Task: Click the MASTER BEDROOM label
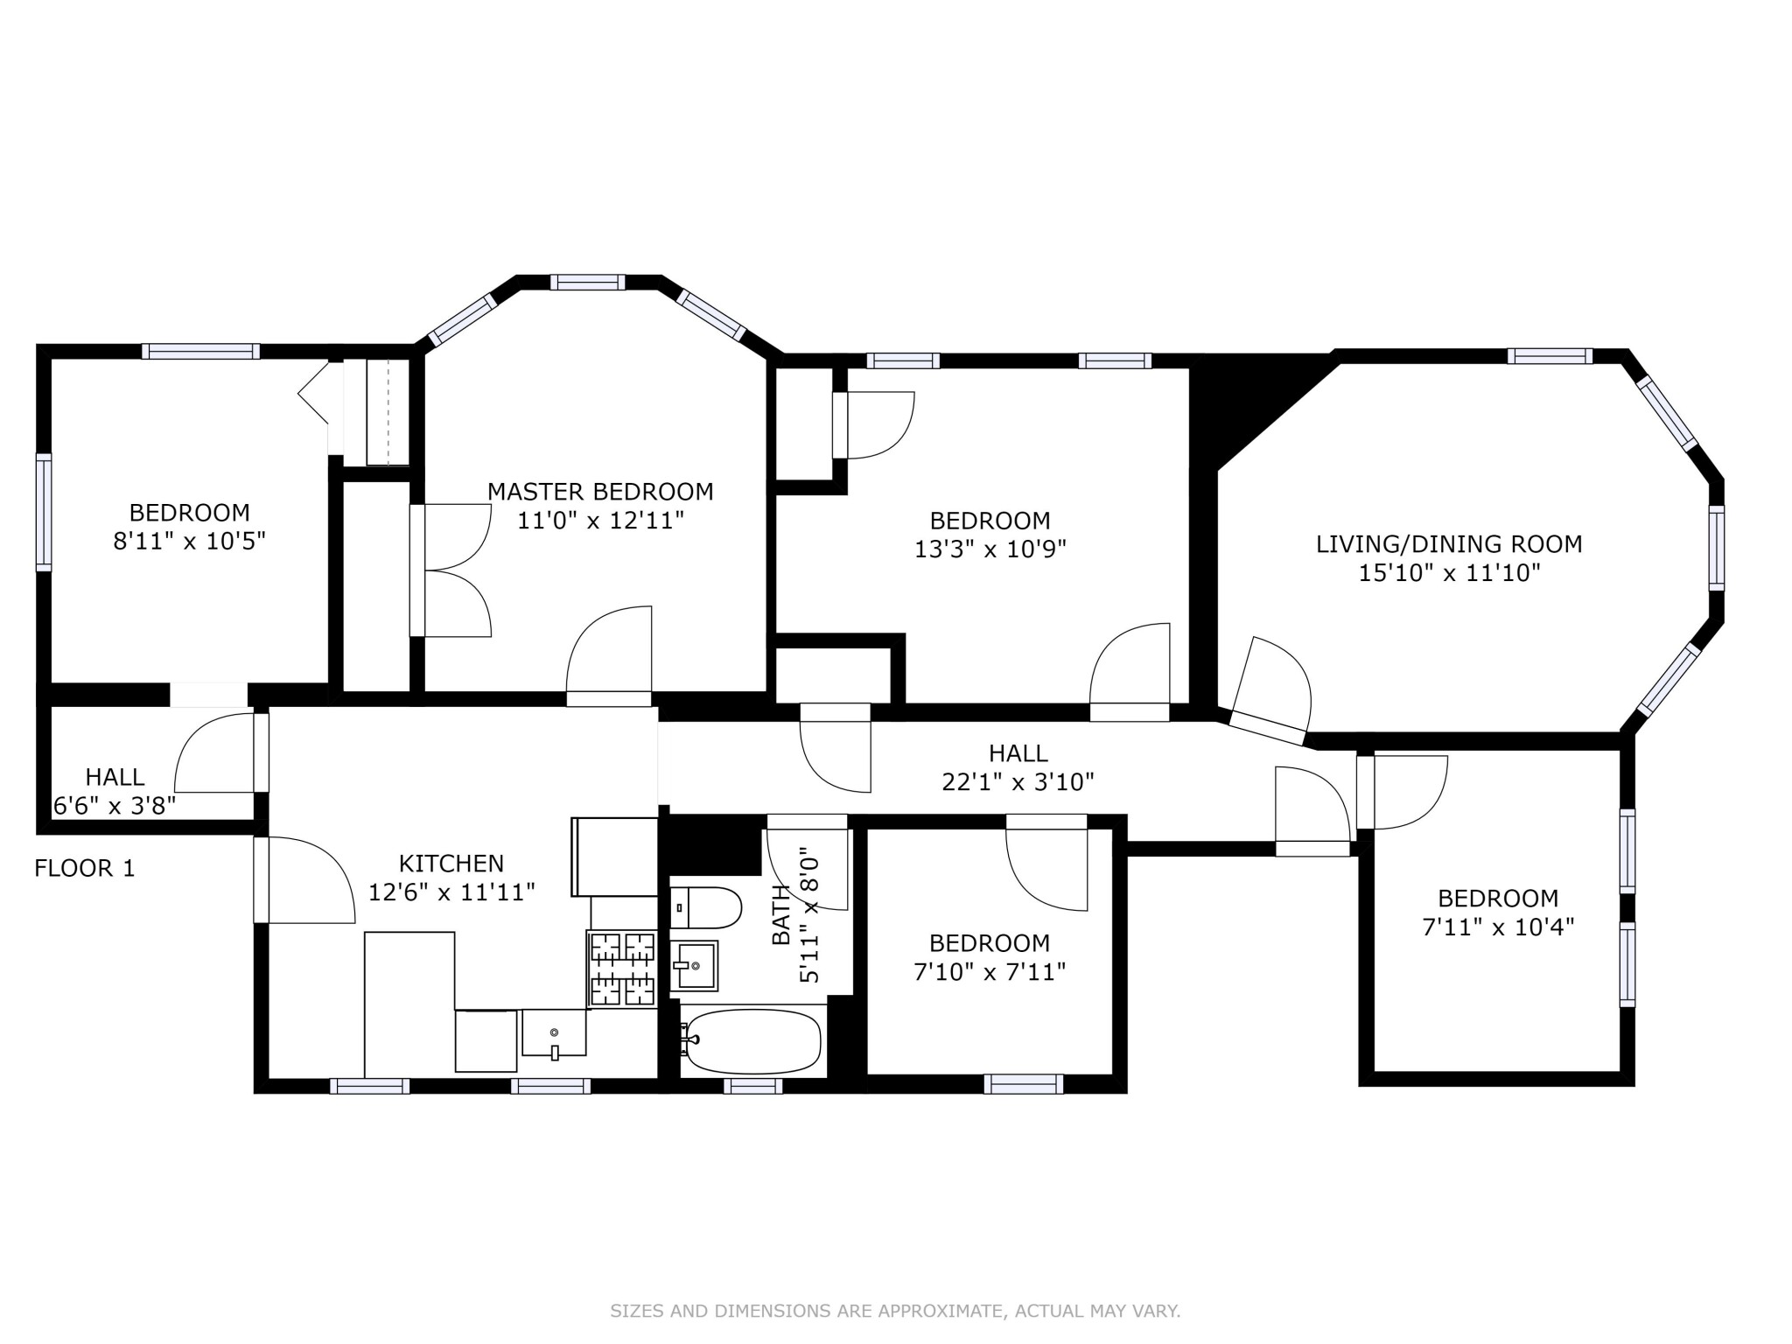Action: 600,492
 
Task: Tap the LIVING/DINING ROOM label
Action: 1449,544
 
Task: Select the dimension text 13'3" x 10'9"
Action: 990,549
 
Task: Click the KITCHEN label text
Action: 451,864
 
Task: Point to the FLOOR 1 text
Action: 85,868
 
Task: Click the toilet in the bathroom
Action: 705,907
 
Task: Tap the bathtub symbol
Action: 752,1041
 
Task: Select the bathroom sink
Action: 696,965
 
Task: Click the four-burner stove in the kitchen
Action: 622,969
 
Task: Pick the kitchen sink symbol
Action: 554,1033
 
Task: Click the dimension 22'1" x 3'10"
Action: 1018,782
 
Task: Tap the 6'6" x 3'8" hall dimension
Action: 115,805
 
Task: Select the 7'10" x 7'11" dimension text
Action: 990,972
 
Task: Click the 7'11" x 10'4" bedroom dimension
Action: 1498,927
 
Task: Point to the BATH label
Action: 780,914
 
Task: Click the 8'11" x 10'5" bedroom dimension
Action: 189,542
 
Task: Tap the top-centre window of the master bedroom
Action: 587,282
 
